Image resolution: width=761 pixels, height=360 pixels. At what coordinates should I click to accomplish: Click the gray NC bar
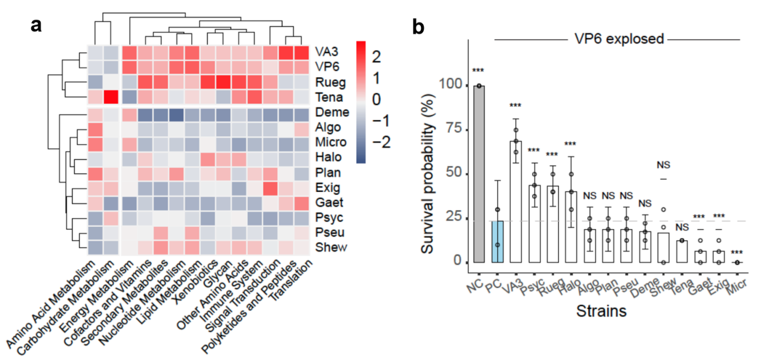coord(479,174)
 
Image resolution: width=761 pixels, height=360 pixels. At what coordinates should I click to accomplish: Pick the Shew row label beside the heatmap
coord(329,247)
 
